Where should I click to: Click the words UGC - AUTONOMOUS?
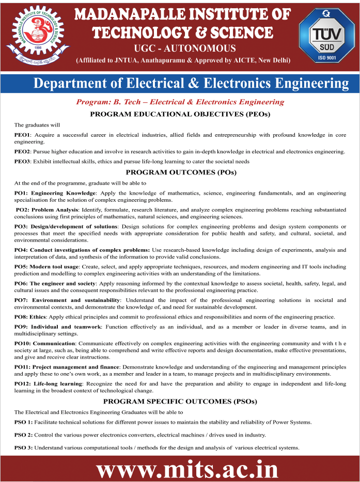[x=184, y=49]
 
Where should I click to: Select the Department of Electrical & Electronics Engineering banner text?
[x=191, y=84]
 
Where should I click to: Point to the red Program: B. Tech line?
[x=180, y=102]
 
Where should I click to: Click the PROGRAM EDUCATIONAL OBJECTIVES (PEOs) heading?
[x=180, y=114]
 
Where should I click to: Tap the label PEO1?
[x=23, y=135]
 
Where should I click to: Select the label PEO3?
[x=23, y=162]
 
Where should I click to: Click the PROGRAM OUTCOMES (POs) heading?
[x=180, y=172]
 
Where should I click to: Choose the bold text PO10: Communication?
[x=45, y=343]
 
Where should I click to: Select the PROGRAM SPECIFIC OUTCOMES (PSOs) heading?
[x=180, y=401]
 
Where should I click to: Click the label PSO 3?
[x=24, y=447]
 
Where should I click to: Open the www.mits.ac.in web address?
[x=187, y=470]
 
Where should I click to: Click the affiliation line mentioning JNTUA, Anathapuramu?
[x=183, y=61]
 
